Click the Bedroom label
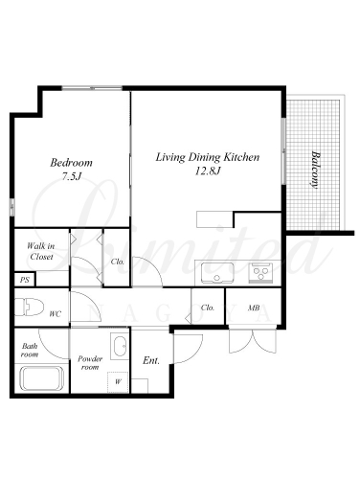(x=71, y=163)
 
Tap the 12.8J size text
(x=208, y=171)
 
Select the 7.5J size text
(x=71, y=176)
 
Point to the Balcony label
(x=315, y=170)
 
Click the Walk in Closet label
(x=41, y=251)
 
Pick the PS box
(x=25, y=280)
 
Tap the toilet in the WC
(x=30, y=308)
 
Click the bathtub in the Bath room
(x=41, y=378)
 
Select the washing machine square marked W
(x=118, y=382)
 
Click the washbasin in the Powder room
(x=120, y=346)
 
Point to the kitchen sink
(x=217, y=273)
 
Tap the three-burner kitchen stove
(x=261, y=273)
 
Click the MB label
(x=254, y=308)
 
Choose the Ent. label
(x=151, y=360)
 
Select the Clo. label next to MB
(x=208, y=308)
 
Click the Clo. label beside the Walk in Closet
(x=118, y=262)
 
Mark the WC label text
(x=55, y=314)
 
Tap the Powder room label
(x=90, y=363)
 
